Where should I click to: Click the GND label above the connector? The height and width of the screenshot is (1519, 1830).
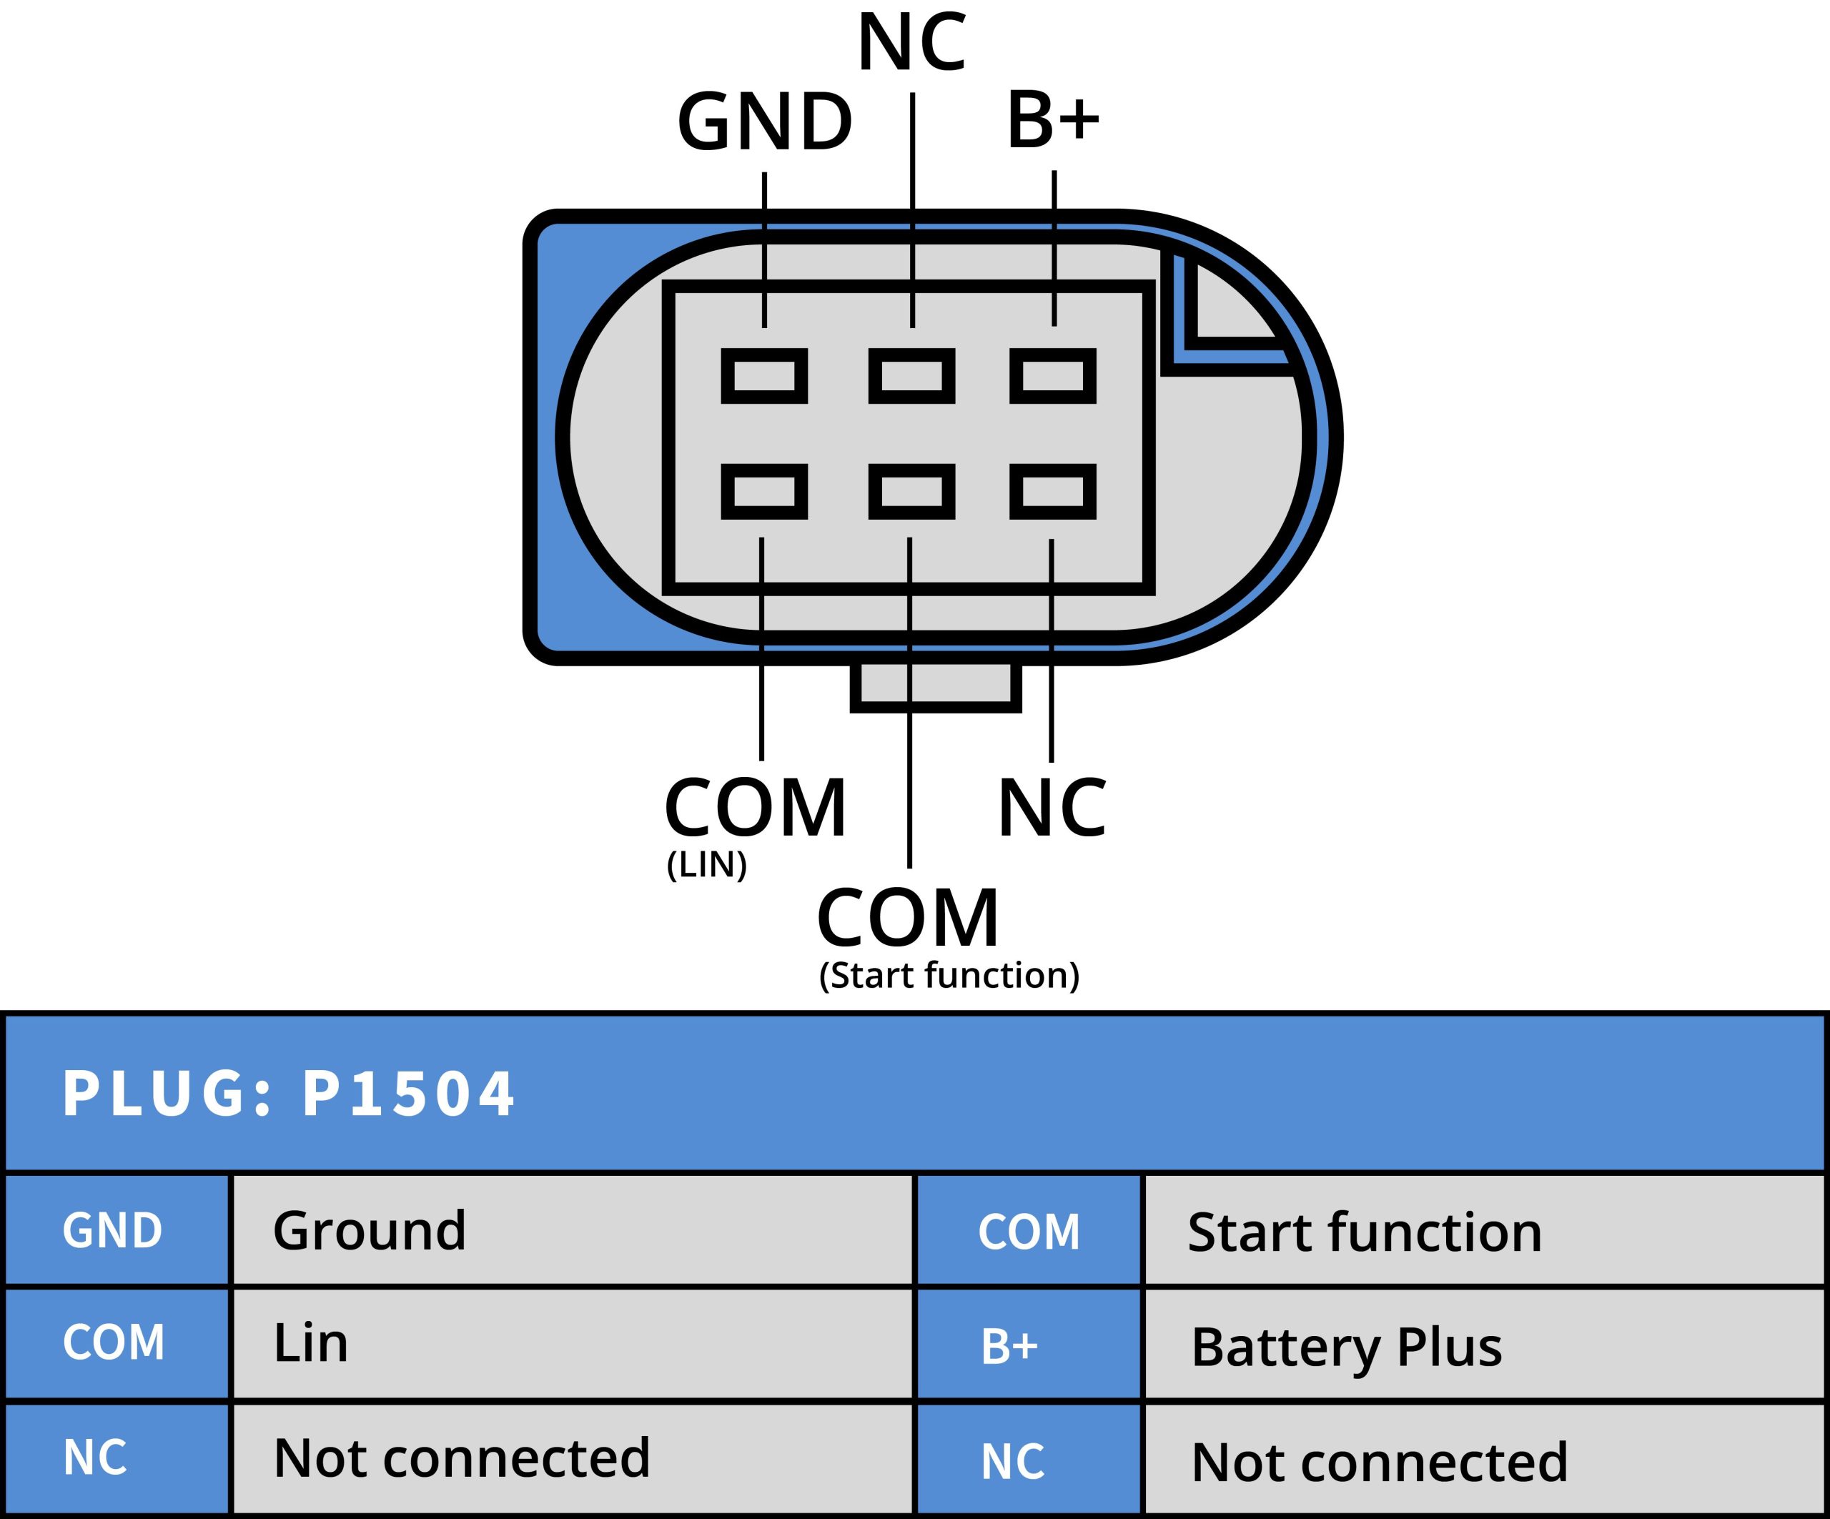(764, 122)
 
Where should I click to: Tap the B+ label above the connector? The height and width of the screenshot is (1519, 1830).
(1053, 119)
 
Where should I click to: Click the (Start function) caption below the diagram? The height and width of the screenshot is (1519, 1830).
(949, 975)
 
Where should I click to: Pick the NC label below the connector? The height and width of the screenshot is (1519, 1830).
(1052, 808)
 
